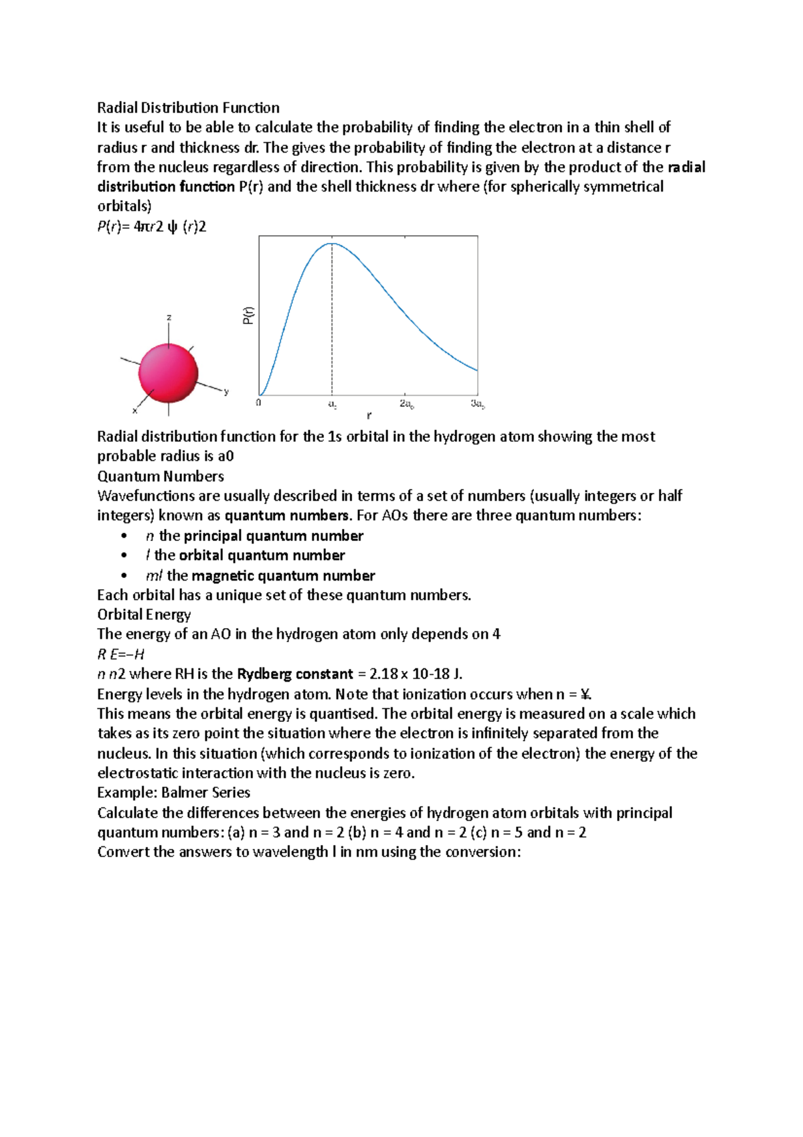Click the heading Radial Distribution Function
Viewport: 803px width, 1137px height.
[188, 108]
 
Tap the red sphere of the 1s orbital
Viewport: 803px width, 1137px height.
[169, 374]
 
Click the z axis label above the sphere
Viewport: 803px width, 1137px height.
[169, 317]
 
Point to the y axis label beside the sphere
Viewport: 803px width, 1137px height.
[226, 392]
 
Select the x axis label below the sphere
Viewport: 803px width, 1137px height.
[135, 410]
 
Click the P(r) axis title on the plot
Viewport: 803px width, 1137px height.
[248, 315]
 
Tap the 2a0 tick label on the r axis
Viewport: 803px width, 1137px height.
[406, 404]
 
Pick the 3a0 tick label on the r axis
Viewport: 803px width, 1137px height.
[477, 404]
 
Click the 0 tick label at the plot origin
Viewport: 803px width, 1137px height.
[258, 403]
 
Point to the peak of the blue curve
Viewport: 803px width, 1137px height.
[332, 244]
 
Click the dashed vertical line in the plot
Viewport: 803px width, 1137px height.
[332, 321]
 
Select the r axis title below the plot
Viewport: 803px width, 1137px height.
[369, 416]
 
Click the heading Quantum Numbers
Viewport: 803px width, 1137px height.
[160, 476]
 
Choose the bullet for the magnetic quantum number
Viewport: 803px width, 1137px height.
[124, 576]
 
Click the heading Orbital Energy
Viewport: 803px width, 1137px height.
[144, 615]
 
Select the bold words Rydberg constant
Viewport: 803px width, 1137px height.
[294, 674]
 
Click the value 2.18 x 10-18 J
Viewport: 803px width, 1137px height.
[415, 674]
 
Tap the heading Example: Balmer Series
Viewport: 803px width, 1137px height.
[173, 793]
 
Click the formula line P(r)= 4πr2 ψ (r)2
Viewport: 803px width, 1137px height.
[152, 227]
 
